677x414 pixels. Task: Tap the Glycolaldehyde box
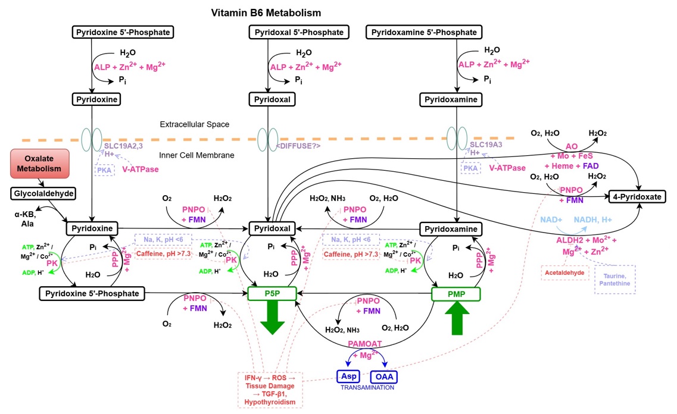(43, 193)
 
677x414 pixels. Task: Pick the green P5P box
(272, 293)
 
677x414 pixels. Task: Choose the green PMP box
(456, 293)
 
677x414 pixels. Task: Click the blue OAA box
(383, 377)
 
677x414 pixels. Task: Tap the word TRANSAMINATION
(367, 388)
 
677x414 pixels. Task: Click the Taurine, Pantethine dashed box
(615, 280)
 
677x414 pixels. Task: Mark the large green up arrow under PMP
(456, 319)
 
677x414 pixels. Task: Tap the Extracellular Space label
(194, 124)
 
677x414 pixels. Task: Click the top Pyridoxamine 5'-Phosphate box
(423, 32)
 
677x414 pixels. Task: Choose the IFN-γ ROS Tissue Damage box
(271, 390)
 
